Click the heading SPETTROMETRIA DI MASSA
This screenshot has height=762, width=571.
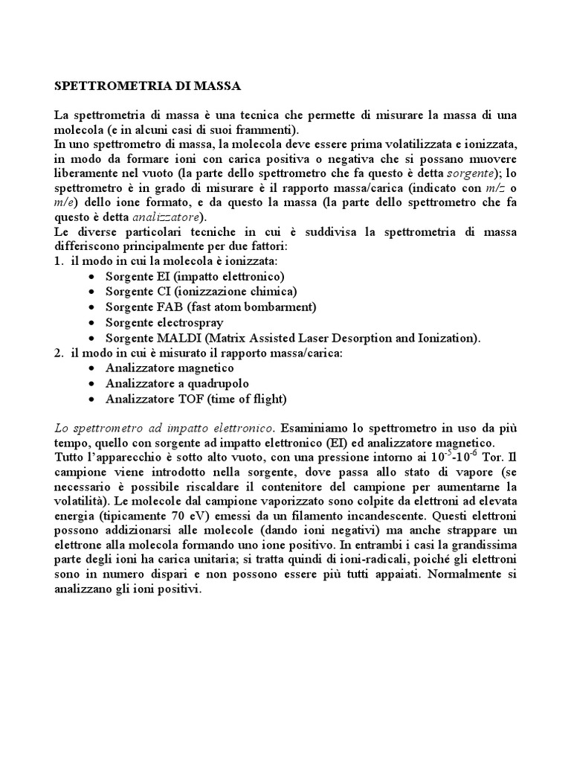point(148,86)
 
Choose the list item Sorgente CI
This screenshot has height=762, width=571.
point(201,291)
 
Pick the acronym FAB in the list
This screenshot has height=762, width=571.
point(170,306)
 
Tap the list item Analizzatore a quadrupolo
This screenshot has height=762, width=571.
point(177,383)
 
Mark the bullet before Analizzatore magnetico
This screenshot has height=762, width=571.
point(91,368)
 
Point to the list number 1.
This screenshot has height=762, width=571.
point(59,261)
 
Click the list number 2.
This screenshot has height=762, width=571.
point(59,353)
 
